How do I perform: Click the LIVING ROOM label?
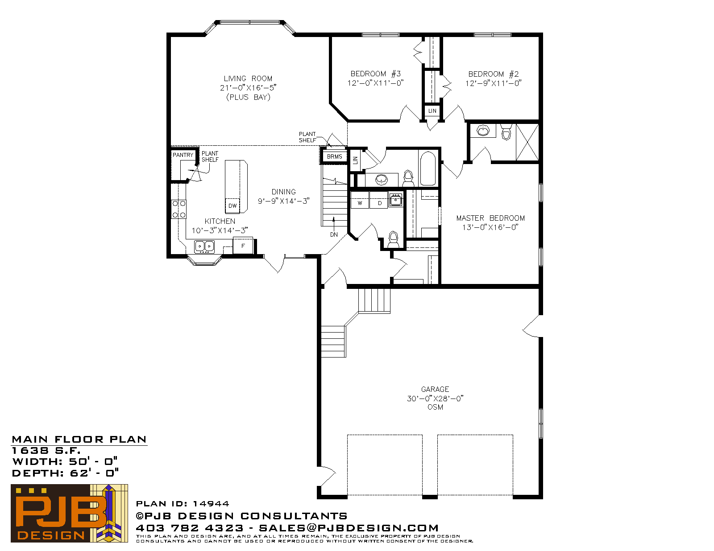pyautogui.click(x=248, y=79)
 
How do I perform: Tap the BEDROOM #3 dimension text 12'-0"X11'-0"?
pyautogui.click(x=375, y=83)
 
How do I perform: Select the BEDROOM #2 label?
pyautogui.click(x=493, y=74)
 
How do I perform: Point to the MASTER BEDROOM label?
pyautogui.click(x=490, y=218)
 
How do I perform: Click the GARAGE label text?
pyautogui.click(x=435, y=389)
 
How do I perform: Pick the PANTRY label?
pyautogui.click(x=183, y=155)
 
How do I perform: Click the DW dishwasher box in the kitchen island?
pyautogui.click(x=232, y=206)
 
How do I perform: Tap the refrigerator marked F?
pyautogui.click(x=243, y=246)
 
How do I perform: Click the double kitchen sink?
pyautogui.click(x=204, y=247)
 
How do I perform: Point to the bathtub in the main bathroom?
pyautogui.click(x=428, y=169)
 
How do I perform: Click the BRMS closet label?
pyautogui.click(x=335, y=157)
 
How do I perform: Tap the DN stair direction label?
pyautogui.click(x=334, y=234)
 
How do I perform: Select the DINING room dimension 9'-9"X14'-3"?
pyautogui.click(x=283, y=201)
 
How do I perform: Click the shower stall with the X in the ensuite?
pyautogui.click(x=527, y=142)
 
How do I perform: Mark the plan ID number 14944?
pyautogui.click(x=211, y=504)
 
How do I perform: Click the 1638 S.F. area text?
pyautogui.click(x=46, y=450)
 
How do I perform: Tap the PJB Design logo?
pyautogui.click(x=69, y=513)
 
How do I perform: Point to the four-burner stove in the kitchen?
pyautogui.click(x=179, y=209)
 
